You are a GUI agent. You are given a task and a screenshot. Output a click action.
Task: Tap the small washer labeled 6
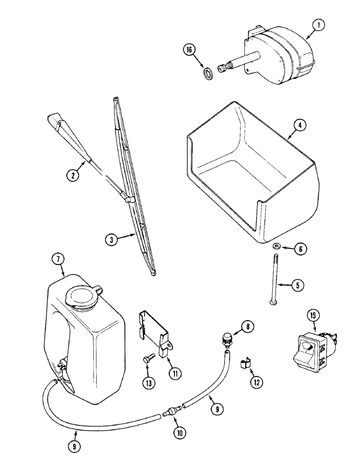(x=276, y=246)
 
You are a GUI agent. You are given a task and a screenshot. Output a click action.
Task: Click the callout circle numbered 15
(x=313, y=316)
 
